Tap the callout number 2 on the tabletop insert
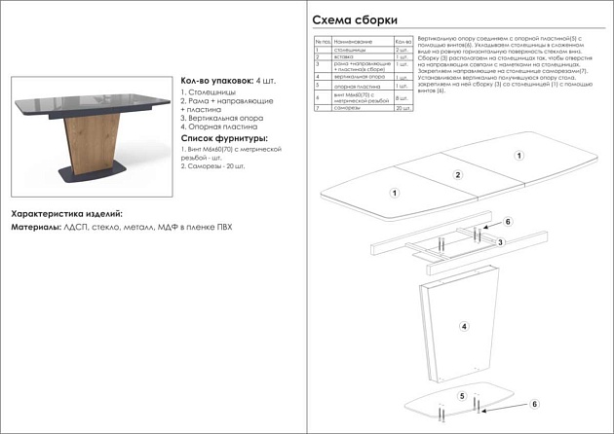point(457,175)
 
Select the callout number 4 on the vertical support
point(464,326)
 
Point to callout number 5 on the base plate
point(463,396)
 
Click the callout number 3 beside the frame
point(500,241)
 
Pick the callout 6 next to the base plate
point(534,404)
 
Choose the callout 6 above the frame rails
point(508,222)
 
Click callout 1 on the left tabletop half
point(394,193)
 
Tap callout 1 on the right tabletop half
point(519,155)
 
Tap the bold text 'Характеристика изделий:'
point(66,213)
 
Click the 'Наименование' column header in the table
point(353,43)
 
